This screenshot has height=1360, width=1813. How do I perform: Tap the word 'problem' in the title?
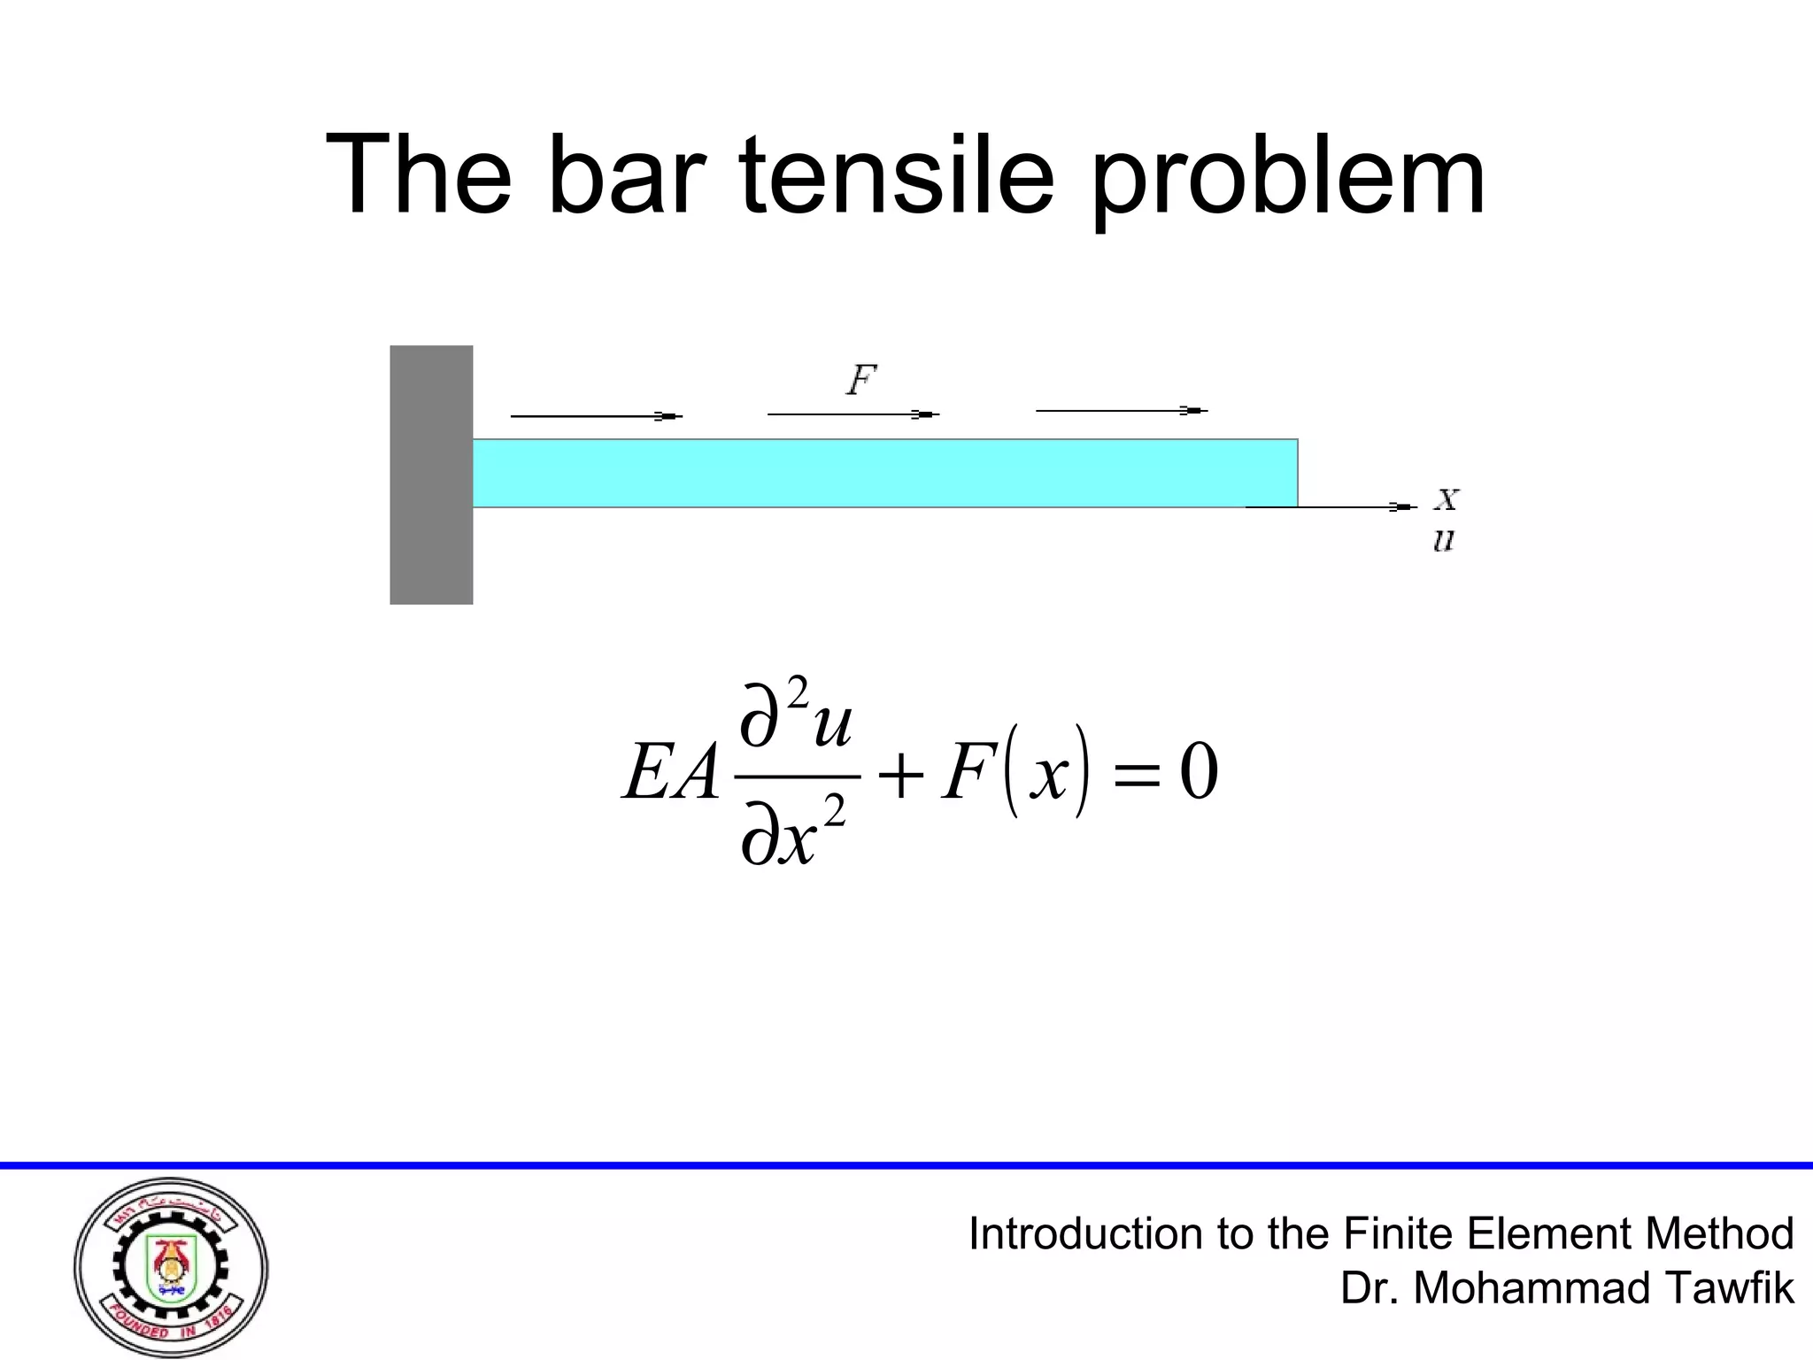[1287, 177]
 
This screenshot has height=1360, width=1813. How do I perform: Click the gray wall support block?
[431, 475]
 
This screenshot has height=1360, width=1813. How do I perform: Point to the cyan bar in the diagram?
[885, 473]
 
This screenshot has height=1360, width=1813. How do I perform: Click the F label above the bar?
[860, 381]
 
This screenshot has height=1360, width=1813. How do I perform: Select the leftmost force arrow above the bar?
[596, 415]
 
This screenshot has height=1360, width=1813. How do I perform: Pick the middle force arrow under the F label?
[852, 413]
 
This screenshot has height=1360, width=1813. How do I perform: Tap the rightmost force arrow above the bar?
[1121, 410]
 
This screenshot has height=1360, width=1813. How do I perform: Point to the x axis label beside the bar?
[1446, 499]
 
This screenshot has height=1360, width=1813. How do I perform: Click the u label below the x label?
[1444, 539]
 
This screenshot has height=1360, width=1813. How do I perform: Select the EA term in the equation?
[670, 772]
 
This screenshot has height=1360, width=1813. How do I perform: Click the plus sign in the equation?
[900, 774]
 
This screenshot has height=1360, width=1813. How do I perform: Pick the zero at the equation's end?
[1199, 772]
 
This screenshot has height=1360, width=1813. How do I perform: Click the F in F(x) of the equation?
[966, 772]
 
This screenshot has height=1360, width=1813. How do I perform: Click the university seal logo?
[171, 1266]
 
